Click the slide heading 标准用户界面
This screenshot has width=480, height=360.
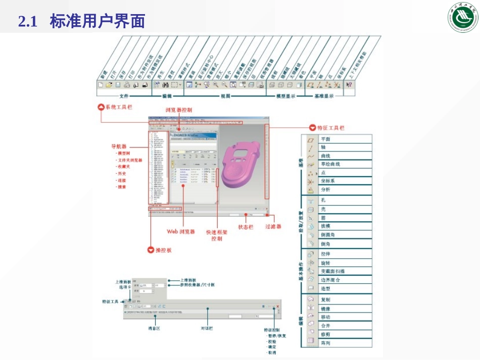pyautogui.click(x=98, y=21)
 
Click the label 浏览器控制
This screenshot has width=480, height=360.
pyautogui.click(x=178, y=110)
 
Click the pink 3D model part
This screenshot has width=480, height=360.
pyautogui.click(x=241, y=167)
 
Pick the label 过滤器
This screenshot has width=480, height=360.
pyautogui.click(x=273, y=227)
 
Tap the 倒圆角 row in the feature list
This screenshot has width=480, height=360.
pyautogui.click(x=328, y=235)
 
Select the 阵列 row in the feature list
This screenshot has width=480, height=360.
pyautogui.click(x=325, y=343)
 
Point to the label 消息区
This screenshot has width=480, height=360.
pyautogui.click(x=154, y=328)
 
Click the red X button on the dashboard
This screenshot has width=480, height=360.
pyautogui.click(x=277, y=306)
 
